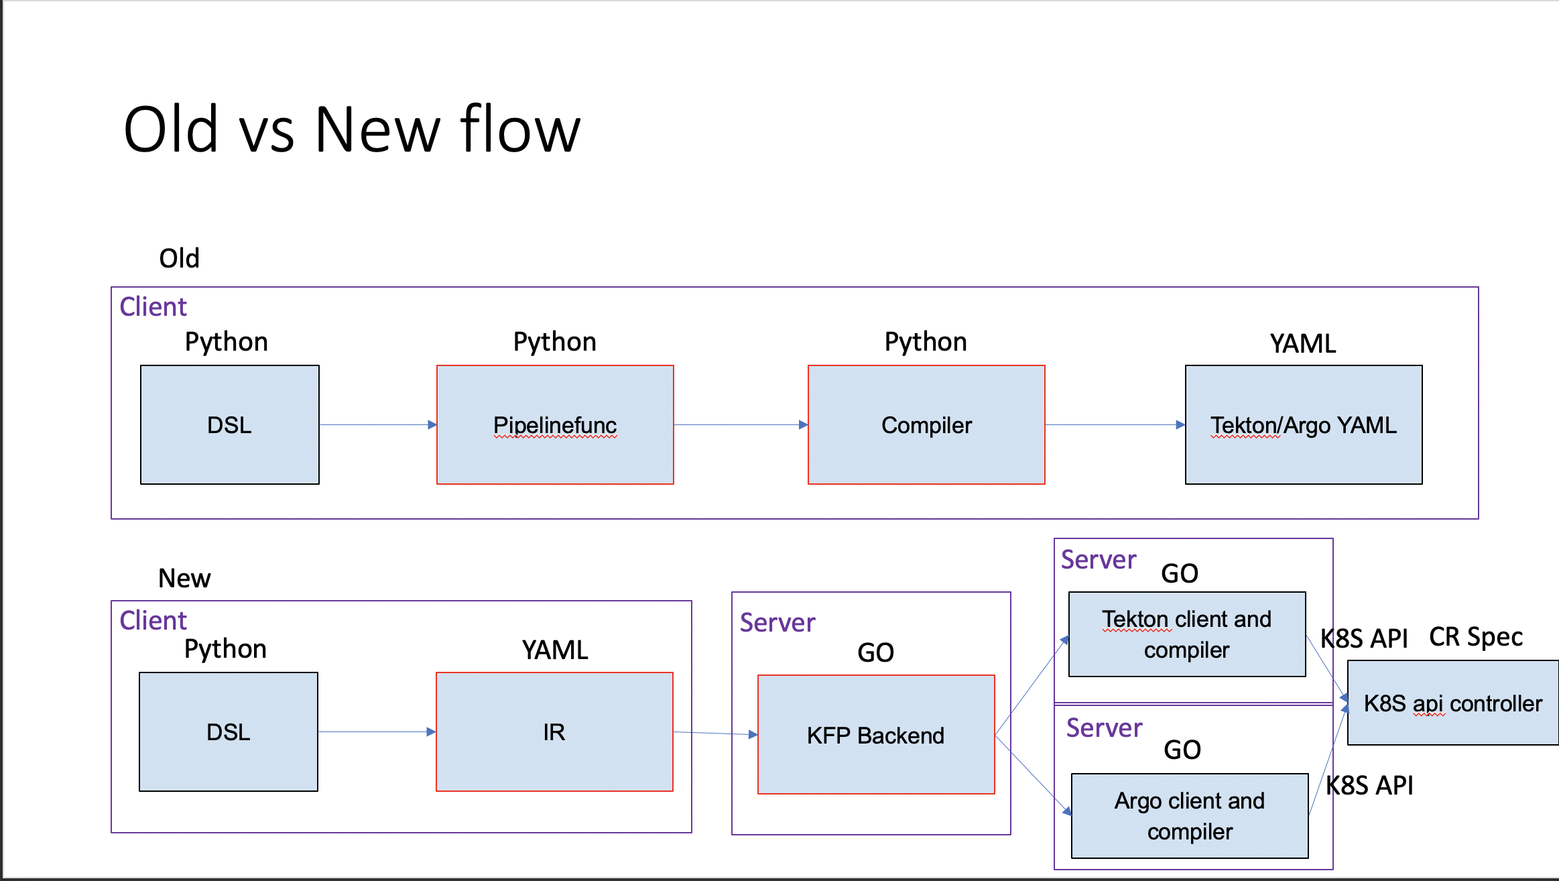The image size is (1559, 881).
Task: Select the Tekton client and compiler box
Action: point(1187,634)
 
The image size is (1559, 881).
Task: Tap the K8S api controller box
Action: point(1452,703)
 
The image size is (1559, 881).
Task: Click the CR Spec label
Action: point(1475,637)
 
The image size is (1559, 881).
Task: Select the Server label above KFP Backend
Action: point(777,623)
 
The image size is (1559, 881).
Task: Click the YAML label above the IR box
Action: point(555,650)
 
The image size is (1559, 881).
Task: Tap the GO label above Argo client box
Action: point(1182,750)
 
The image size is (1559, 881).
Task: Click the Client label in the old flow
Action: point(153,306)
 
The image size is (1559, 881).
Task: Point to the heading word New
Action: point(184,578)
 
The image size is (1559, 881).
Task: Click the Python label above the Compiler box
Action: point(926,342)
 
